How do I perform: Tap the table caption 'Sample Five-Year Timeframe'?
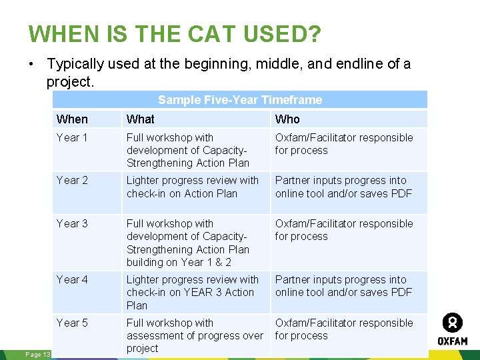240,100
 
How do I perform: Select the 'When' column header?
72,119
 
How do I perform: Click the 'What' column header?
141,119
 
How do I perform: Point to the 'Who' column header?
287,119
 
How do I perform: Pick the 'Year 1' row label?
72,138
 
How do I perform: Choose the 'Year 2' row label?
72,181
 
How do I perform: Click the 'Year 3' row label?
72,224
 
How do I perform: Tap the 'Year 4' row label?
72,280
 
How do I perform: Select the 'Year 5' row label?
72,323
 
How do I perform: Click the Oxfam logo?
453,329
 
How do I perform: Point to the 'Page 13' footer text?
37,355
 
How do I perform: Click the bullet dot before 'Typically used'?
31,65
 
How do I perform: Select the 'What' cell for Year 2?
193,187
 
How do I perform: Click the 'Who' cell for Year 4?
344,286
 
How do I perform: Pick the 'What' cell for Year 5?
195,335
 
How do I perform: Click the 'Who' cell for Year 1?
344,144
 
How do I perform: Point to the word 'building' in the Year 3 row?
148,262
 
